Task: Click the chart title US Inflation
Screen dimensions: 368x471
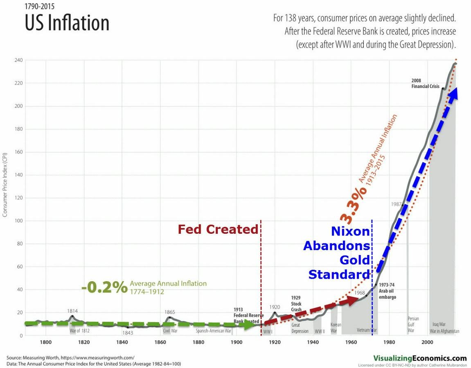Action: pos(67,23)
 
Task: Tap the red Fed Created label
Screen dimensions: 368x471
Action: pos(218,230)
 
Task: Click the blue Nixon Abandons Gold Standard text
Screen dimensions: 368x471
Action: pos(339,253)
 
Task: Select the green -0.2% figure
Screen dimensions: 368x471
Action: pos(104,287)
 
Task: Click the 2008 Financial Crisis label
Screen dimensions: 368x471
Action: pos(425,84)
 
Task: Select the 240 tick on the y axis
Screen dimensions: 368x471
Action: pos(18,60)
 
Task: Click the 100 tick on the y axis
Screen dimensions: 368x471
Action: pos(18,221)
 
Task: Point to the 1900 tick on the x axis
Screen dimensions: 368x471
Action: pos(237,343)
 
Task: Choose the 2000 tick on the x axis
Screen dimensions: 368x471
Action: pos(427,343)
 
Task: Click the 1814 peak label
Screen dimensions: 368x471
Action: pos(72,311)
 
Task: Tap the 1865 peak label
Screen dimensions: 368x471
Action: pos(170,312)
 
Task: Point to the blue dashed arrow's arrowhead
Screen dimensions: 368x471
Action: pos(453,93)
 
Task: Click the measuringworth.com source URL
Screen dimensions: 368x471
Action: pos(97,357)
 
